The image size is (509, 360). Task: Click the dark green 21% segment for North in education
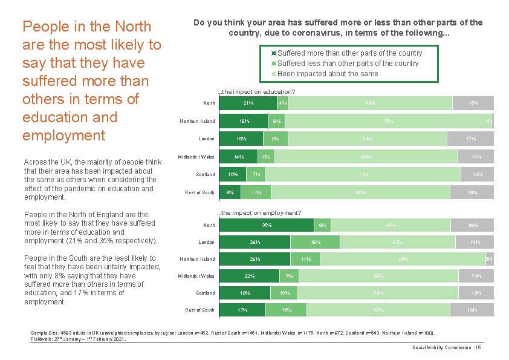coord(247,103)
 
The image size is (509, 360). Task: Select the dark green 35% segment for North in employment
coord(265,225)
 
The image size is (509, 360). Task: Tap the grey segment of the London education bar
coord(470,139)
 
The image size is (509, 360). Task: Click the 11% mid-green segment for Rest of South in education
coord(256,192)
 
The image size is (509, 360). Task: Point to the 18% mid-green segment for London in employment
coord(314,242)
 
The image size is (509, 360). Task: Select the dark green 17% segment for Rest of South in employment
coord(242,310)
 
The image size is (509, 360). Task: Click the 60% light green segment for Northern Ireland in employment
coord(403,259)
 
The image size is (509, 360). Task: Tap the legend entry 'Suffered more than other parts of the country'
coord(349,53)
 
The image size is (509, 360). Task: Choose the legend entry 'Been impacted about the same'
coord(328,74)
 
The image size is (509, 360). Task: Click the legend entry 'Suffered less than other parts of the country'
coord(348,64)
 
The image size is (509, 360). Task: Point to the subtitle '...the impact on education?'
coord(256,92)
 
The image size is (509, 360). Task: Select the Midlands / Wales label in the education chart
coord(196,157)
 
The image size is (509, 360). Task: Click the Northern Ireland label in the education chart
coord(197,122)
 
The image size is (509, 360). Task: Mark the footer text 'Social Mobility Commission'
coord(441,347)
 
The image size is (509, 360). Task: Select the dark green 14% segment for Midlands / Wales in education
coord(239,157)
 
